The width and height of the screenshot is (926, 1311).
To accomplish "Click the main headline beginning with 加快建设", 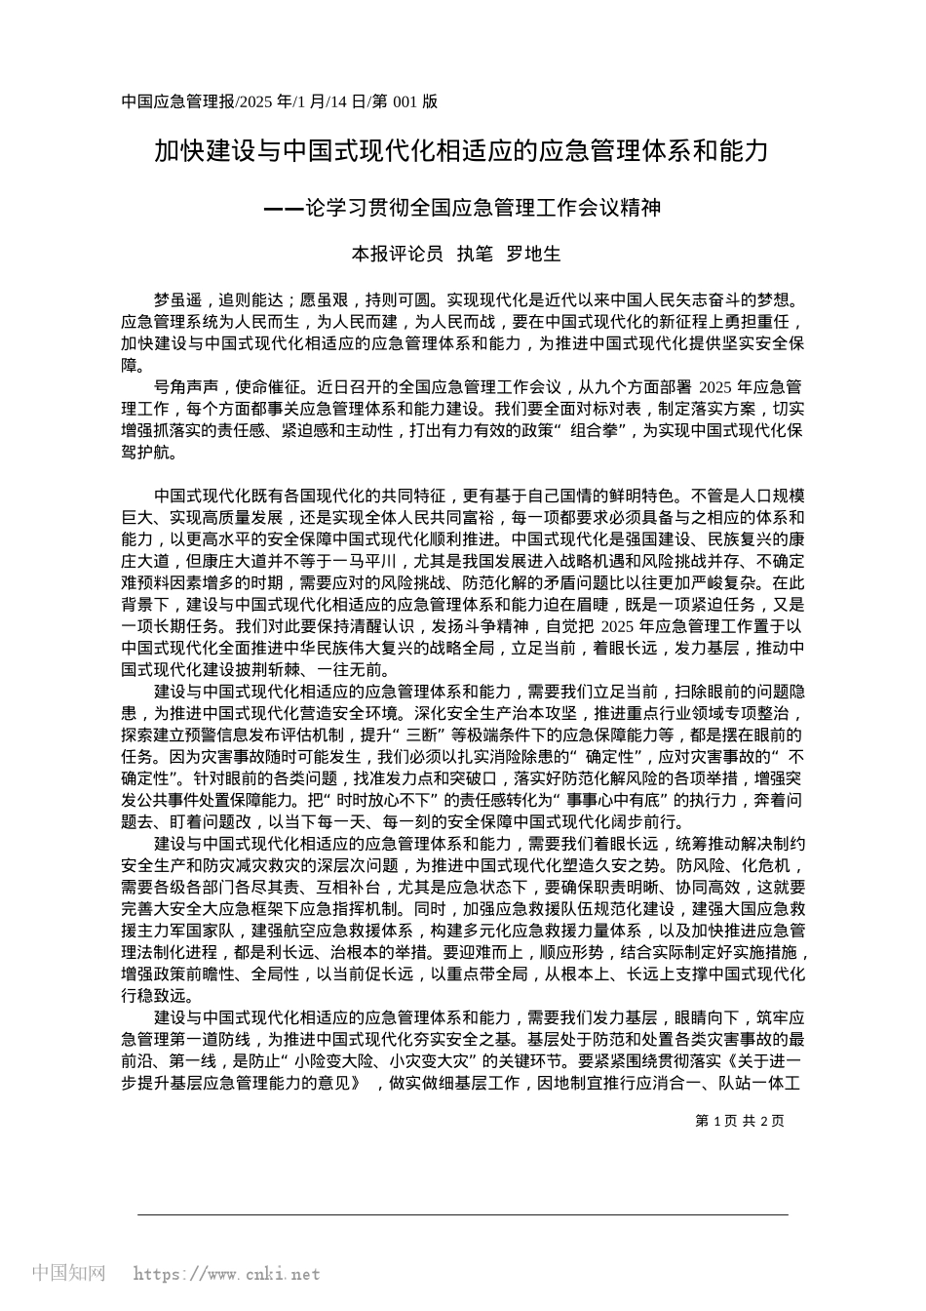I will [x=462, y=151].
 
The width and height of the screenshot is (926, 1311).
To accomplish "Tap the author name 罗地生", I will [x=535, y=255].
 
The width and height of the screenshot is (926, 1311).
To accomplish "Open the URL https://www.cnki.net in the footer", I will [x=226, y=1274].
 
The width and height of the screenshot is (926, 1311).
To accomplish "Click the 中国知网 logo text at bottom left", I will [x=68, y=1273].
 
